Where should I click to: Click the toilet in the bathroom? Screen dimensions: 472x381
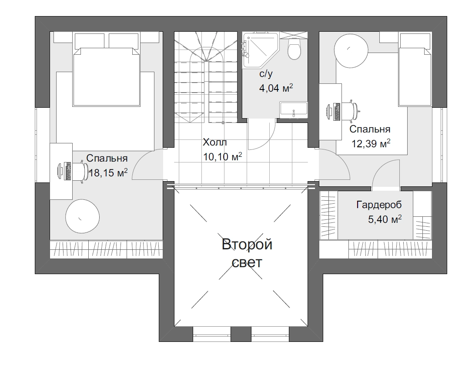[294, 48]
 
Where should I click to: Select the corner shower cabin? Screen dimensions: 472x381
[261, 50]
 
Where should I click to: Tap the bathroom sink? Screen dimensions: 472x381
[294, 110]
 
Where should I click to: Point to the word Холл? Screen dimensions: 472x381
[214, 142]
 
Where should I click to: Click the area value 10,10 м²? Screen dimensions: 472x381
[223, 157]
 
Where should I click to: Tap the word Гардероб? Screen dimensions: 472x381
[379, 205]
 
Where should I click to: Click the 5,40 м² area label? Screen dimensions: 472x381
[385, 219]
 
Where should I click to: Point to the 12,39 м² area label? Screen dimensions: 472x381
[371, 143]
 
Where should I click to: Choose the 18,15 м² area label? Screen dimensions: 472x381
[108, 172]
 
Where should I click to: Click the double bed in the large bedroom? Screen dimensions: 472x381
[107, 77]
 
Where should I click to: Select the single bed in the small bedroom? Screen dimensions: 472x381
[415, 77]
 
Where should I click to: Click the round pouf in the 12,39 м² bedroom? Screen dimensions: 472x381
[351, 51]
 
